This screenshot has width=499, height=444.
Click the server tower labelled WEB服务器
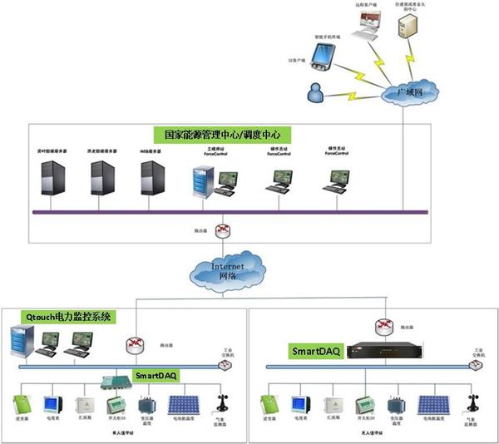click(x=150, y=178)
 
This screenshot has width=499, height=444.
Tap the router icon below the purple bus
click(x=221, y=230)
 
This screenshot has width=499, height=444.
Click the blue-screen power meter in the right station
click(x=299, y=405)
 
